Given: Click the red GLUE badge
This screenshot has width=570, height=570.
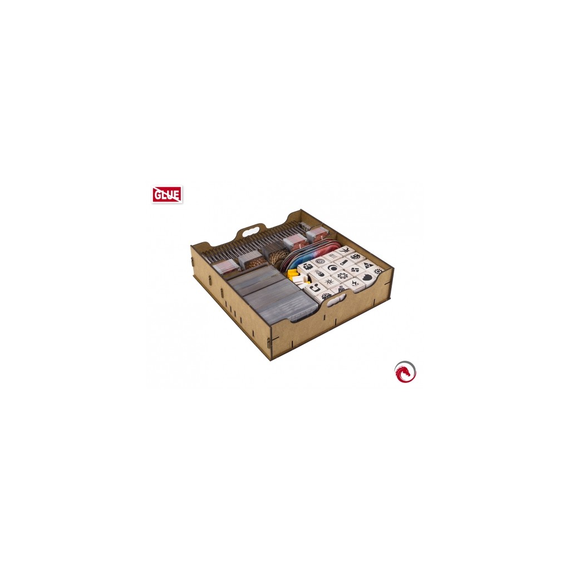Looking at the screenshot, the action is (167, 194).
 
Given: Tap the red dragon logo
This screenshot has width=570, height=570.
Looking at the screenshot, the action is (405, 371).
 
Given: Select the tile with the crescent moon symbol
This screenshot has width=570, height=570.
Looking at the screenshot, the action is (332, 268).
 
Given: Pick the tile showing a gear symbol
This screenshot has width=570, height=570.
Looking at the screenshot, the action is (342, 276).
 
